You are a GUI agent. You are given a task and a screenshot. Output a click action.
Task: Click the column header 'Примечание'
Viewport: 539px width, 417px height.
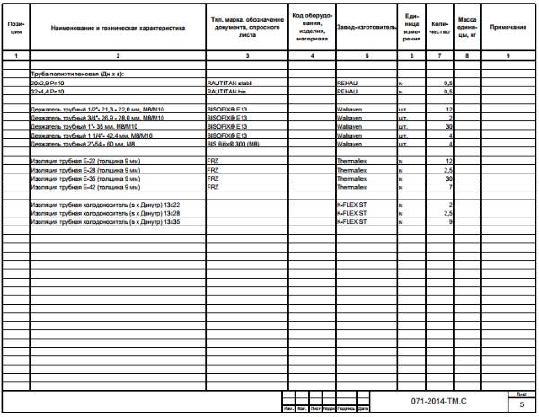(x=508, y=28)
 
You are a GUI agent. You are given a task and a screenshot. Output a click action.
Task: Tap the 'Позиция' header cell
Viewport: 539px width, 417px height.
(x=14, y=28)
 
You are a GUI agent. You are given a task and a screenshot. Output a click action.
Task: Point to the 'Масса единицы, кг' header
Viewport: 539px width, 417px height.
(x=467, y=28)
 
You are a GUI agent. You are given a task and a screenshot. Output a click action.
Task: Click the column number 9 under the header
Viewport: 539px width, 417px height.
(x=508, y=56)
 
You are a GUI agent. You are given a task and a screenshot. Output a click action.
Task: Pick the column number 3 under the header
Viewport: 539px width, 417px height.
(x=247, y=56)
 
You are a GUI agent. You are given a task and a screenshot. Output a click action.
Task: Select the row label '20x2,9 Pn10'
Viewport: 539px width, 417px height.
(x=49, y=82)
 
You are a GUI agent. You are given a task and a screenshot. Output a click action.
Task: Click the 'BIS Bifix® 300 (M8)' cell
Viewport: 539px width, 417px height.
(x=235, y=144)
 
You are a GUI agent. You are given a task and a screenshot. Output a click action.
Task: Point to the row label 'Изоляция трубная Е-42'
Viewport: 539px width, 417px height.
(x=84, y=187)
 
